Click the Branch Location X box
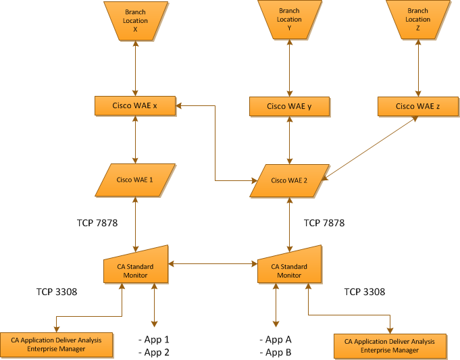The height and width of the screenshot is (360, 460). click(135, 20)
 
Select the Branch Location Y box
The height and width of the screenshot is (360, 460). click(289, 20)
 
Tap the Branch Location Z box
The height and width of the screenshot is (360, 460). click(417, 20)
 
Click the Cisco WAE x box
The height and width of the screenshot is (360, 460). click(135, 105)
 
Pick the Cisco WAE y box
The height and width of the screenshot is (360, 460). click(289, 106)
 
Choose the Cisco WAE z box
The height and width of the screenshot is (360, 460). click(417, 106)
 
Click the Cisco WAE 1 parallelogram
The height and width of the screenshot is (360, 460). click(135, 180)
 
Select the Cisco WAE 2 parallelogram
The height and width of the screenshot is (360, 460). click(289, 180)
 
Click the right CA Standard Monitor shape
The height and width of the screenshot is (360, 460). click(289, 267)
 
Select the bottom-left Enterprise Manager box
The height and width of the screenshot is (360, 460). click(55, 344)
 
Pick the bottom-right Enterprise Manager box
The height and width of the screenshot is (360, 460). click(390, 346)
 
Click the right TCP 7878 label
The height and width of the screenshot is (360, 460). click(324, 222)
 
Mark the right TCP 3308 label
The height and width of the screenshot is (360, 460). click(365, 292)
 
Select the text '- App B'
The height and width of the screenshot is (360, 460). click(276, 353)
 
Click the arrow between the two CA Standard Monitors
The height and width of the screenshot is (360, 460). click(213, 263)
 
